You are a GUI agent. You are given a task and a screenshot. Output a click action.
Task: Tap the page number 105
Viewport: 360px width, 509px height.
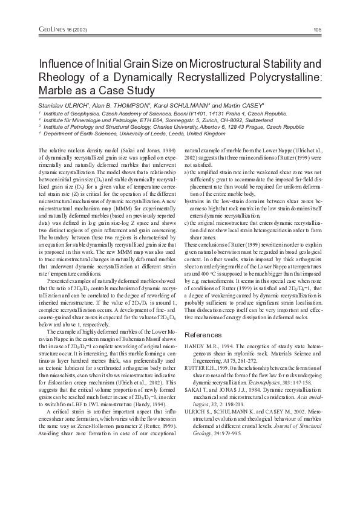[318, 30]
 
